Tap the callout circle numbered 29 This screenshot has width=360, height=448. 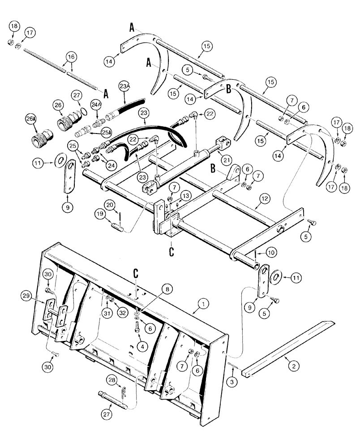coord(26,295)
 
